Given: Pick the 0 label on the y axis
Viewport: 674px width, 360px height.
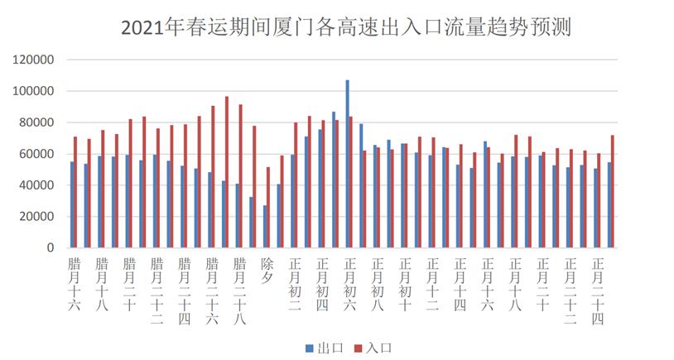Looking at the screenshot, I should [51, 248].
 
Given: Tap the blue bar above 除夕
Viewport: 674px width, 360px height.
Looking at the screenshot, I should [265, 227].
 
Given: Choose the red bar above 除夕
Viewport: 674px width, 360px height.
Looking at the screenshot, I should [269, 208].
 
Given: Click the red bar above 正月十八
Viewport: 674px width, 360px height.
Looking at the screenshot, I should [517, 191].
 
